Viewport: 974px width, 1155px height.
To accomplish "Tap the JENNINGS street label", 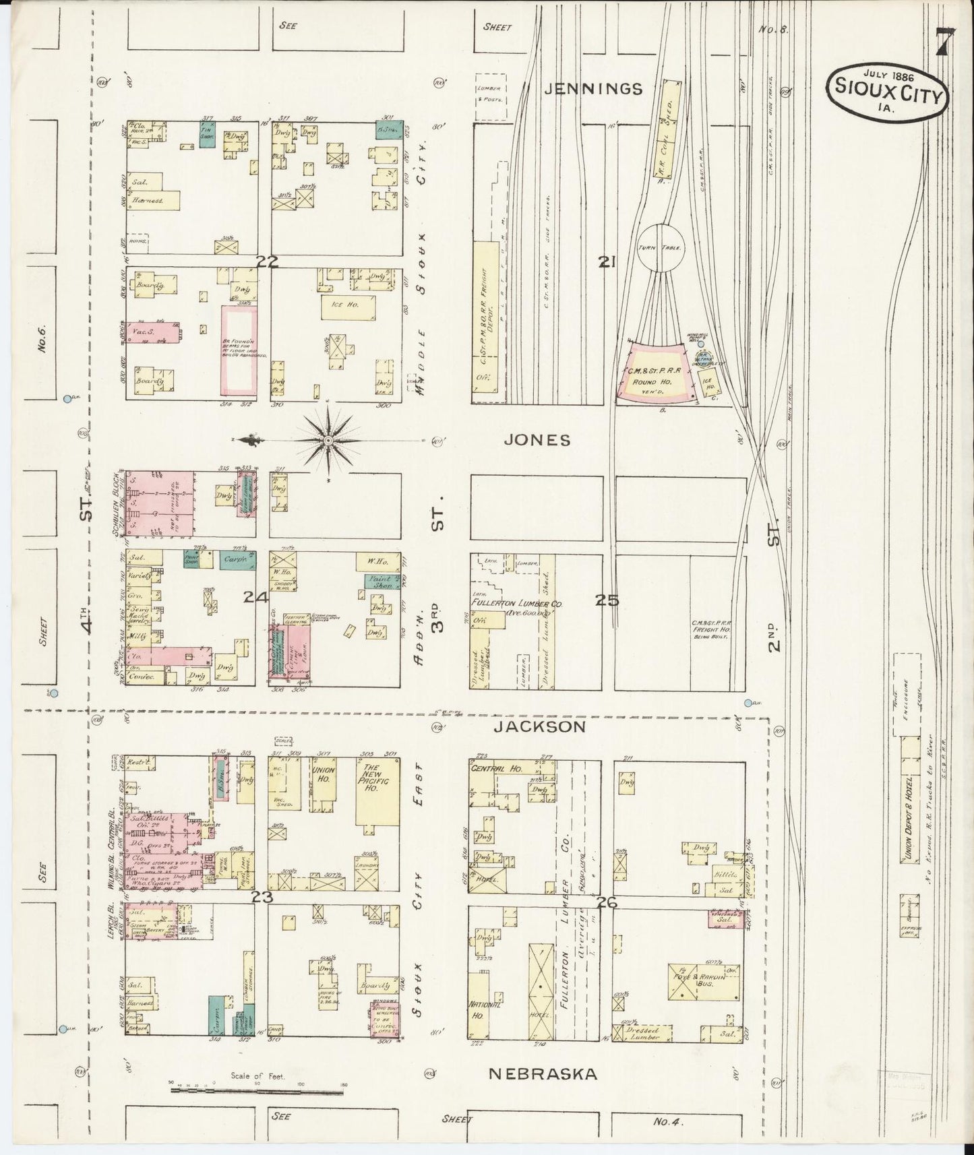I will pyautogui.click(x=593, y=89).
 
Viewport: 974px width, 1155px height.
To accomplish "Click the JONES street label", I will pyautogui.click(x=538, y=440).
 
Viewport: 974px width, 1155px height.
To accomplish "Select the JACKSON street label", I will pyautogui.click(x=539, y=726).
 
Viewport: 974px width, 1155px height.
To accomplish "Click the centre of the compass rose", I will pyautogui.click(x=327, y=440).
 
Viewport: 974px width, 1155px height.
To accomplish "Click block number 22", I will pyautogui.click(x=267, y=262).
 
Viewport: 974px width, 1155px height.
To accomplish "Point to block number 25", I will pyautogui.click(x=607, y=600).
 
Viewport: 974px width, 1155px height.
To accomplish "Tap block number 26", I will pyautogui.click(x=607, y=903).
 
